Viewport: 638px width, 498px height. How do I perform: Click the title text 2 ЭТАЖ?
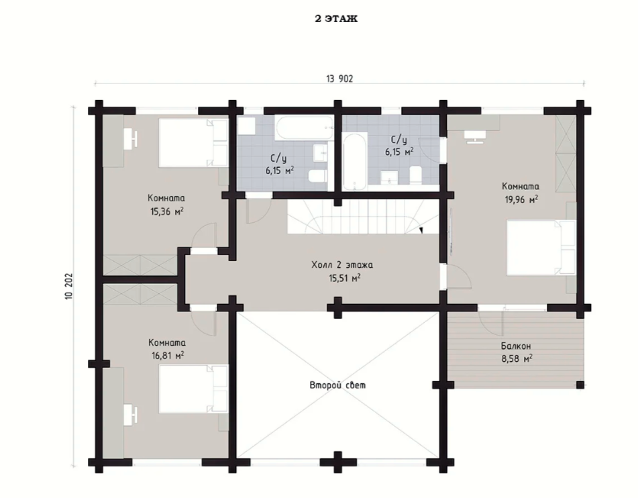pyautogui.click(x=336, y=19)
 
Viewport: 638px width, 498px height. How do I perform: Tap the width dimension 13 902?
pyautogui.click(x=339, y=79)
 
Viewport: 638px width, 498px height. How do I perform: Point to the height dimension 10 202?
pyautogui.click(x=68, y=287)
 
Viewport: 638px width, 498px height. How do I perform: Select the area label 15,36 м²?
pyautogui.click(x=166, y=211)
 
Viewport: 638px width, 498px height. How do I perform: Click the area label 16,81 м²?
pyautogui.click(x=168, y=356)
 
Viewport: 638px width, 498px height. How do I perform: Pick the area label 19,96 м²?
pyautogui.click(x=522, y=199)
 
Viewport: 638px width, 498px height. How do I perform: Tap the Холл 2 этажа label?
pyautogui.click(x=342, y=264)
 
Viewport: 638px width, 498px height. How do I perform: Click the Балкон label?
pyautogui.click(x=516, y=346)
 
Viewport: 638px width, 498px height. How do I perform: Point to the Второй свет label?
pyautogui.click(x=337, y=385)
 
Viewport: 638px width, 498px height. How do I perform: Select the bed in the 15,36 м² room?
pyautogui.click(x=193, y=142)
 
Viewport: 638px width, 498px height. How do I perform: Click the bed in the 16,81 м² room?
pyautogui.click(x=193, y=389)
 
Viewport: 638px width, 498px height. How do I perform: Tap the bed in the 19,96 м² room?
pyautogui.click(x=541, y=248)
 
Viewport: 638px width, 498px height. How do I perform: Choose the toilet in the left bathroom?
pyautogui.click(x=318, y=177)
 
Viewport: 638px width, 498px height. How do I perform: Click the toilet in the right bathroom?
pyautogui.click(x=416, y=175)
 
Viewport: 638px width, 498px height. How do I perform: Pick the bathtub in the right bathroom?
pyautogui.click(x=354, y=161)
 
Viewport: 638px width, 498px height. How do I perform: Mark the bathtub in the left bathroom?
pyautogui.click(x=304, y=128)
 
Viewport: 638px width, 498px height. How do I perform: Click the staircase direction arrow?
pyautogui.click(x=421, y=230)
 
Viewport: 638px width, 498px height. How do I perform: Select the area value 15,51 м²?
pyautogui.click(x=344, y=278)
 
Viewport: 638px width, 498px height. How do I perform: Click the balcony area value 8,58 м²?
pyautogui.click(x=517, y=359)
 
